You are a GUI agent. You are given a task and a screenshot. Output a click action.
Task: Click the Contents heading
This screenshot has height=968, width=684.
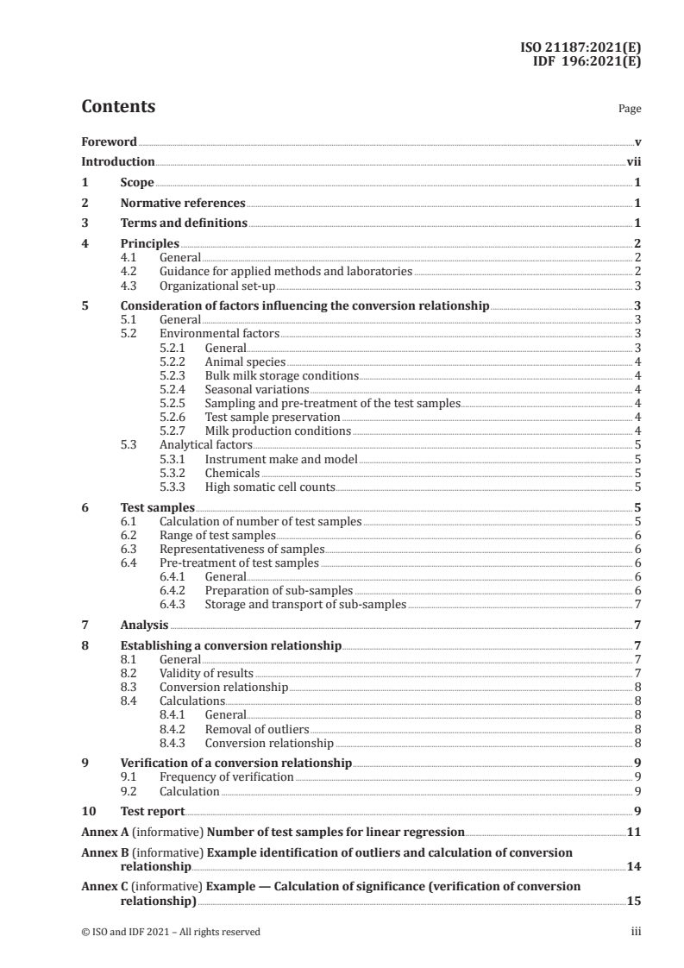118,107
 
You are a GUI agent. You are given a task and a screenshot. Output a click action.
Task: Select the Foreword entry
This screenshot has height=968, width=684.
109,141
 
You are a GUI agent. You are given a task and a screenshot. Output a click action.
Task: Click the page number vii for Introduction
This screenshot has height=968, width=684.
633,161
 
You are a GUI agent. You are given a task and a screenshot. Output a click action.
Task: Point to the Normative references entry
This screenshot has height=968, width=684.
183,203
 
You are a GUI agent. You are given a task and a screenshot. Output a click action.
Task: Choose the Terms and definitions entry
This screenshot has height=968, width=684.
184,223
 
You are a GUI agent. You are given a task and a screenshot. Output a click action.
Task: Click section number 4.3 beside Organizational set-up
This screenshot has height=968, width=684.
129,286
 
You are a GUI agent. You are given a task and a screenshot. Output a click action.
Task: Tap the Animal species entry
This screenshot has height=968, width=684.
245,361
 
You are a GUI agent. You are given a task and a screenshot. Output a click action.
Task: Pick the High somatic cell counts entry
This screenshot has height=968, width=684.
270,487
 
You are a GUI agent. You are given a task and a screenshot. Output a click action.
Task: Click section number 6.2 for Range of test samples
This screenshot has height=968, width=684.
129,535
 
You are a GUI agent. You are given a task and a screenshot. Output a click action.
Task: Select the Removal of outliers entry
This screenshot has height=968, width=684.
256,729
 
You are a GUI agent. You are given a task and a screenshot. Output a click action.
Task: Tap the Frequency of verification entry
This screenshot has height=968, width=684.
226,777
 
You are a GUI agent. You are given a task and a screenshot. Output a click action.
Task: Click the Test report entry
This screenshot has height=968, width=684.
152,812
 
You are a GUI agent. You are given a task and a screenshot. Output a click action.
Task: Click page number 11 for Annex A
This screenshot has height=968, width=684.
634,832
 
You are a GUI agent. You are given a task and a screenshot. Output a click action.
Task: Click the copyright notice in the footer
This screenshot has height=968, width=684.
170,931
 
